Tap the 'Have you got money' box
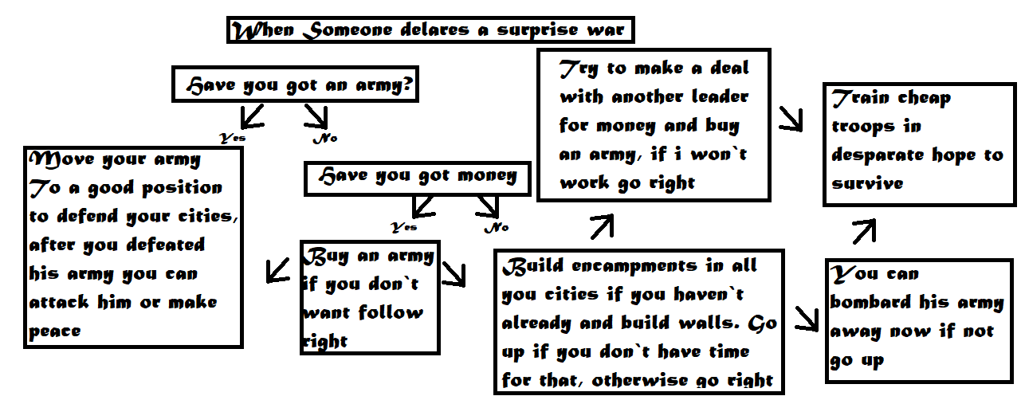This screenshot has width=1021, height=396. click(x=418, y=178)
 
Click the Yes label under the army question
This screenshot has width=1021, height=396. click(x=233, y=138)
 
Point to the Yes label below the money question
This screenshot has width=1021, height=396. click(x=403, y=227)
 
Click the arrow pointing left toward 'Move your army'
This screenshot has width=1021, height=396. click(x=277, y=269)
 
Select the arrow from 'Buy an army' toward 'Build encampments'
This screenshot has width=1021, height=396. click(x=454, y=274)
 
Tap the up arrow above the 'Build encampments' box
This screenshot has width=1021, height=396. click(x=602, y=227)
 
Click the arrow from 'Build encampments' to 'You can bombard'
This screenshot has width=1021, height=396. click(x=806, y=318)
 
